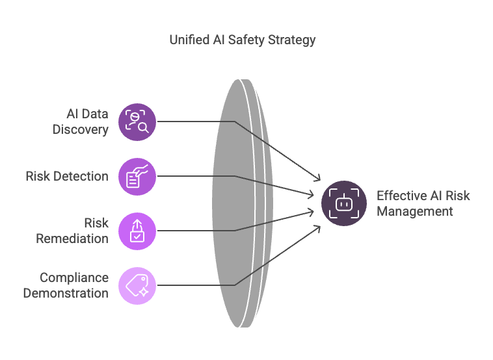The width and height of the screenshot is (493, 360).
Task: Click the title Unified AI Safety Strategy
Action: tap(243, 40)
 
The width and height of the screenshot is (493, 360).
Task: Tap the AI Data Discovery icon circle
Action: tap(137, 122)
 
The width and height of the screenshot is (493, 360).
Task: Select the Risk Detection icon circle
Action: tap(137, 177)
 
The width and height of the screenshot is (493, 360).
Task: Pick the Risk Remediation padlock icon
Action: tap(137, 231)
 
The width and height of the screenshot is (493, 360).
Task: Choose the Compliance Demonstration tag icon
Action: tap(137, 285)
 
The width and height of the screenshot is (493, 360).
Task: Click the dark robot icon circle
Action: tap(344, 203)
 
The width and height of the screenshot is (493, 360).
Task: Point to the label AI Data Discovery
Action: tap(81, 122)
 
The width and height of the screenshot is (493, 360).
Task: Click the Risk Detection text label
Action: tap(67, 176)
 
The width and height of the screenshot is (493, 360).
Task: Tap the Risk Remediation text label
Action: tap(72, 231)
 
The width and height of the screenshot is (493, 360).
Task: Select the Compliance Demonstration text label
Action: tap(66, 285)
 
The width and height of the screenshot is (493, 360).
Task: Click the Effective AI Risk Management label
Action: tap(423, 203)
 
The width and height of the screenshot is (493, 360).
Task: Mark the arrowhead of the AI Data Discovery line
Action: tap(318, 179)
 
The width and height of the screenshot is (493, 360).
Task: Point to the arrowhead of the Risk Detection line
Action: tap(312, 195)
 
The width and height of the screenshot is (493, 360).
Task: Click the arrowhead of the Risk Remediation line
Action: tap(312, 212)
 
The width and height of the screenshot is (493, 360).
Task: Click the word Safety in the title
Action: tap(246, 40)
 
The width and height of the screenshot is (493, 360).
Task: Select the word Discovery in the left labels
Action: tap(81, 129)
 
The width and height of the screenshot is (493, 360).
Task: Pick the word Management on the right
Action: tap(415, 211)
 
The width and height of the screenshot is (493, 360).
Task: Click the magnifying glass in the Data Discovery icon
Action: tap(144, 127)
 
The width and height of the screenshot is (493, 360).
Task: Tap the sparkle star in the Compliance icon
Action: tap(144, 292)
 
